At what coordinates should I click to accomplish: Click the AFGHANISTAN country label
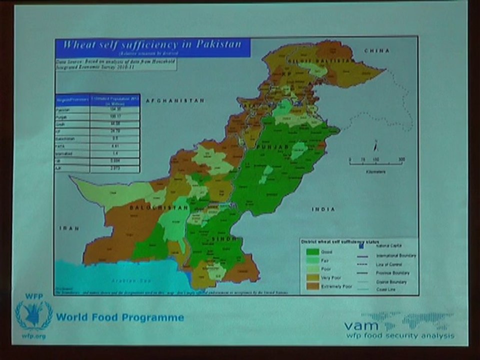[x=175, y=100]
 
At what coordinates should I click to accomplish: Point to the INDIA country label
[x=323, y=209]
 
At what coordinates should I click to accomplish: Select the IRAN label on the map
[x=69, y=228]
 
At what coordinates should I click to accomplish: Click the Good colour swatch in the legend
[x=312, y=252]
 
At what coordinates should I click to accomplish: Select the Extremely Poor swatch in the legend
[x=312, y=286]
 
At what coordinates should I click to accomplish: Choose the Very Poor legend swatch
[x=312, y=277]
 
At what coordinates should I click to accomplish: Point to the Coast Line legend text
[x=386, y=289]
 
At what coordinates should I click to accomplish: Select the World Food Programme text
[x=120, y=317]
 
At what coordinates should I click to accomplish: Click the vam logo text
[x=361, y=325]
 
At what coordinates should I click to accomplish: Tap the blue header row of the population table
[x=97, y=99]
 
